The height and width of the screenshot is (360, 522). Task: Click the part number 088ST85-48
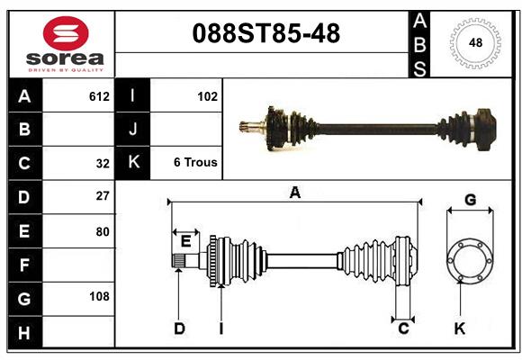267,34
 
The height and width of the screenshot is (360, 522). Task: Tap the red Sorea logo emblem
66,35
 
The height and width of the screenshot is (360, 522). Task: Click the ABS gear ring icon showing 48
474,43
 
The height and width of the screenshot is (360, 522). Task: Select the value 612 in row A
99,95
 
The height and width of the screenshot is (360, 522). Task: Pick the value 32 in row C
103,163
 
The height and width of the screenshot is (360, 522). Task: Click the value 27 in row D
103,196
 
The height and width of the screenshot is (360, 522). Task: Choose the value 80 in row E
103,230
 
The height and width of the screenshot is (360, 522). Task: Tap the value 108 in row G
99,296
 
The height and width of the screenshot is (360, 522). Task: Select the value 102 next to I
207,95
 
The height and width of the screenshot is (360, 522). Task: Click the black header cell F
24,265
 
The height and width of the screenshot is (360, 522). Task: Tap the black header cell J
133,130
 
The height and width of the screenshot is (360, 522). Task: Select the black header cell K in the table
133,163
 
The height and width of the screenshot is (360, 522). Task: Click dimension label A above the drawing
294,192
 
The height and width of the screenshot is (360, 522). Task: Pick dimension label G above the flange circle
470,199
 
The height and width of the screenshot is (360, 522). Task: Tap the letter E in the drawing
185,240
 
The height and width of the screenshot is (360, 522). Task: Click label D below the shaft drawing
179,329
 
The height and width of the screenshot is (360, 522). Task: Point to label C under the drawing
403,329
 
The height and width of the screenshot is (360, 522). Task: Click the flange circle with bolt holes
470,259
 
